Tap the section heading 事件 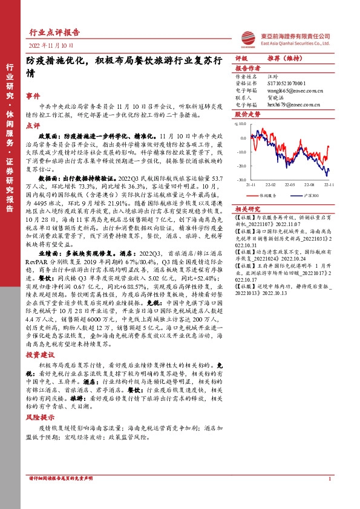pyautogui.click(x=33, y=96)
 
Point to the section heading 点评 pyautogui.click(x=33, y=125)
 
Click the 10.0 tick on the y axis pyautogui.click(x=242, y=124)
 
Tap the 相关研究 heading pyautogui.click(x=247, y=207)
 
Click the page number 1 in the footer pyautogui.click(x=329, y=479)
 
